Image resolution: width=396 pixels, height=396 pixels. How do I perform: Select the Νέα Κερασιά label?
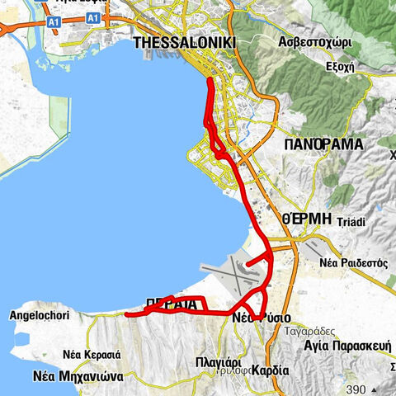pyautogui.click(x=92, y=353)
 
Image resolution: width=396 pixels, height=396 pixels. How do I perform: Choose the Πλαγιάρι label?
pyautogui.click(x=219, y=361)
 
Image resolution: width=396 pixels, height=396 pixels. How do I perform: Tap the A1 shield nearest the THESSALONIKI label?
pyautogui.click(x=93, y=17)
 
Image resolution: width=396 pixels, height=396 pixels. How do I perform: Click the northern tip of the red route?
pyautogui.click(x=210, y=80)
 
